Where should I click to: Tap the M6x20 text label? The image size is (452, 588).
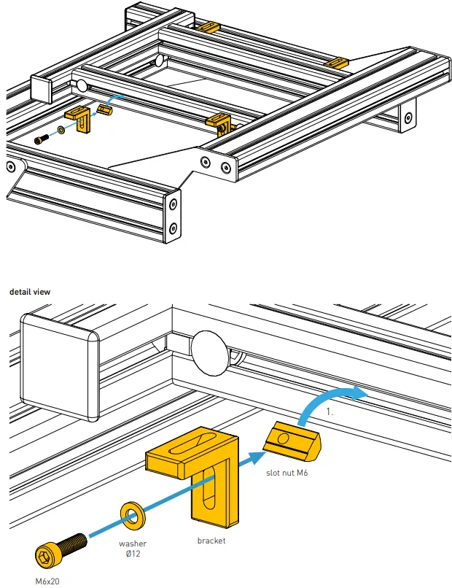pyautogui.click(x=49, y=581)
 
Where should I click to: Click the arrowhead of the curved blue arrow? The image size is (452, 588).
pyautogui.click(x=361, y=392)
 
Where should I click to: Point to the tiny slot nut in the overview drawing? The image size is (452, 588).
pyautogui.click(x=104, y=111)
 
